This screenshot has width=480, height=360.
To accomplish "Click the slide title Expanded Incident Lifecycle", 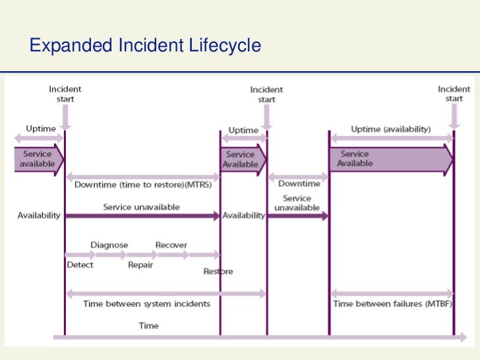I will coord(146,45).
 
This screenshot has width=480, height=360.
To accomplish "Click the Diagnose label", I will coord(109,245).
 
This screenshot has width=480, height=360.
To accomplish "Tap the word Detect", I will coord(80,265).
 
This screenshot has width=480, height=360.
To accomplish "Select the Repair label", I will coord(140,265).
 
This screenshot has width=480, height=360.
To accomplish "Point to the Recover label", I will coord(171,245).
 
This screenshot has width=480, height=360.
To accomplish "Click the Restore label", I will coord(218,271).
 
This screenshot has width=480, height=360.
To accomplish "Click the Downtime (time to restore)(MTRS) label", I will coord(143,185).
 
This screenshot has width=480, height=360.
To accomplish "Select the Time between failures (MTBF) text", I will coord(392,304).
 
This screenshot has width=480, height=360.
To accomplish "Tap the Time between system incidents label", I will coord(147,304).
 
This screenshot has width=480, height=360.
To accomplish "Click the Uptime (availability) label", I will coord(390,129).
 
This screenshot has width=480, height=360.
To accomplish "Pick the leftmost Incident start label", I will coord(65,94).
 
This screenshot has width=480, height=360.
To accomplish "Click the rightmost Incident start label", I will coord(454,94).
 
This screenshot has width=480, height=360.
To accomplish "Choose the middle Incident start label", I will coord(266,94).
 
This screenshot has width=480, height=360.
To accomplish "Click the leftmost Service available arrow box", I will coord(38,159).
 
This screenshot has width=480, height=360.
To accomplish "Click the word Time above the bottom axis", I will coord(148,326).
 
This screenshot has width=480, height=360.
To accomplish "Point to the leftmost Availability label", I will coord(39,216).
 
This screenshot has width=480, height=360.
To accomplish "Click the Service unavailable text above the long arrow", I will coord(141,207).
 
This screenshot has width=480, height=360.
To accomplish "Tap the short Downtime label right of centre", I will coord(299,184).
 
